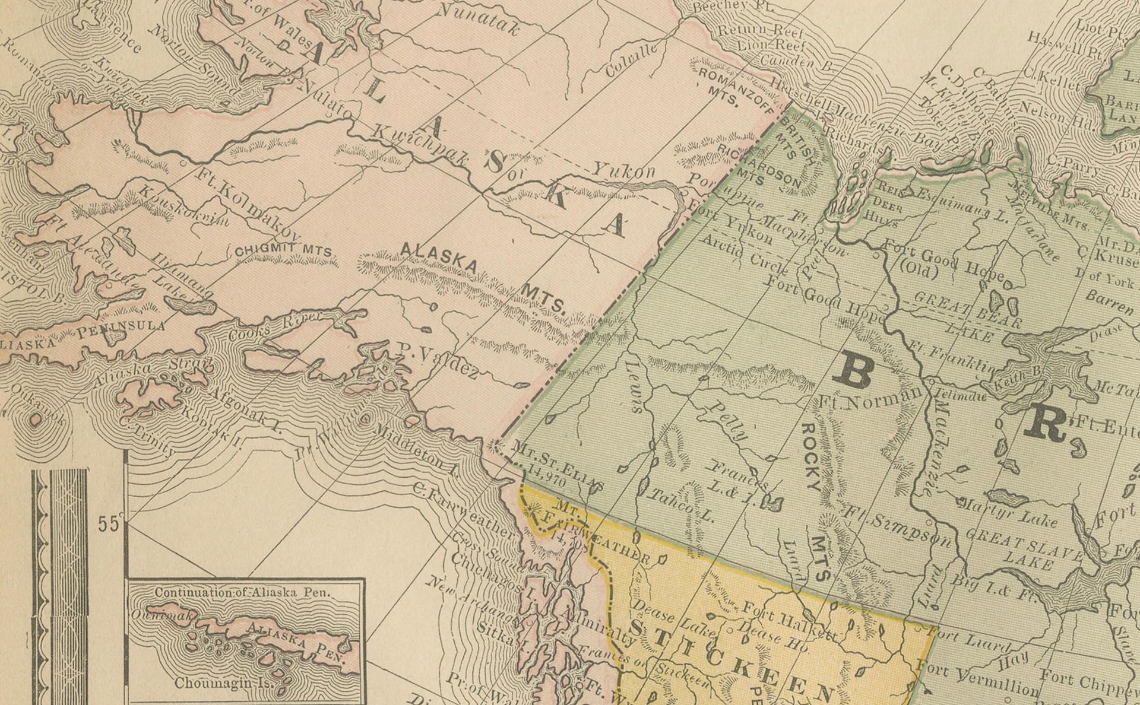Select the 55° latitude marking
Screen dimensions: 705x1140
click(x=110, y=523)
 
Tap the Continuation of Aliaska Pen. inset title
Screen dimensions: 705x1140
click(x=243, y=592)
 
